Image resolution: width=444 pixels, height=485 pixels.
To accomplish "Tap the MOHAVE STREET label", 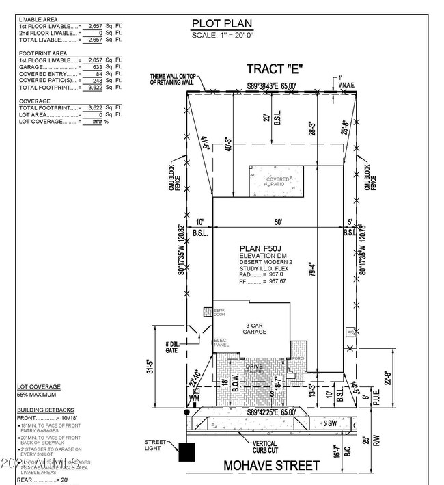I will click(272, 466).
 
